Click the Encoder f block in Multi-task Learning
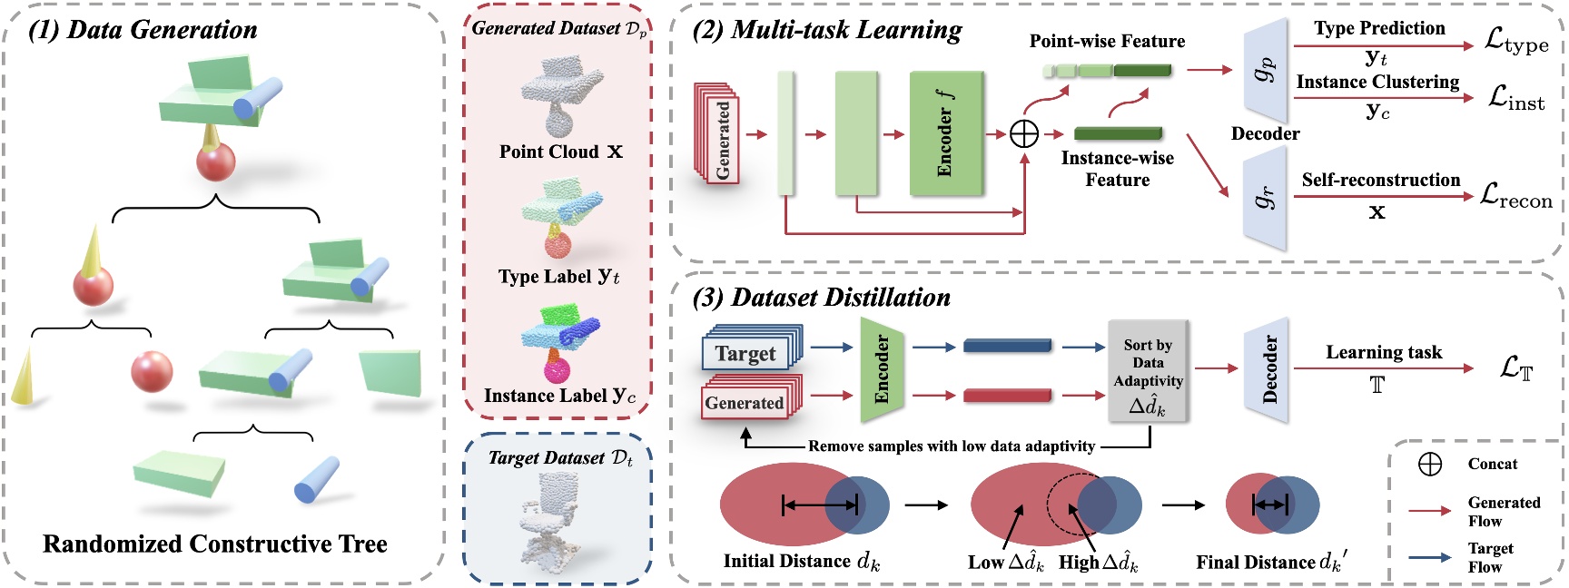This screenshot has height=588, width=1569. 946,133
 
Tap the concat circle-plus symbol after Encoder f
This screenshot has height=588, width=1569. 1024,134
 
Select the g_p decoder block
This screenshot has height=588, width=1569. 1266,70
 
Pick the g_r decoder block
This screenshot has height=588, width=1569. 1266,199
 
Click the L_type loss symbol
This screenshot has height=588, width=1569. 1515,40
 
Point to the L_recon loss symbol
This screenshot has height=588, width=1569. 1515,196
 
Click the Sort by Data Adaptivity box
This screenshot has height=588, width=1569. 1148,370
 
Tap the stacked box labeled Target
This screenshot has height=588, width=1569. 746,353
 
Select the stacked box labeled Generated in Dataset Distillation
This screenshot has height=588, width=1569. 745,402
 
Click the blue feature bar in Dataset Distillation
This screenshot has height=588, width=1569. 1007,346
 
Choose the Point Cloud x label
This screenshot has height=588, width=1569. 560,152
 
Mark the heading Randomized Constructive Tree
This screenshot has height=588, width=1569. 215,544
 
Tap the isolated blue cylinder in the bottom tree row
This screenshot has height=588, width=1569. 316,480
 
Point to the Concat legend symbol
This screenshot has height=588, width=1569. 1430,464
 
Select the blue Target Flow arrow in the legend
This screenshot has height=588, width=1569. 1430,557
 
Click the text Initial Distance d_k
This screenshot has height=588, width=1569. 801,562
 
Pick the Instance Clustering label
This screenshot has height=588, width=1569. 1377,82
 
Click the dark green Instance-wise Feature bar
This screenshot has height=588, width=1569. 1118,133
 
